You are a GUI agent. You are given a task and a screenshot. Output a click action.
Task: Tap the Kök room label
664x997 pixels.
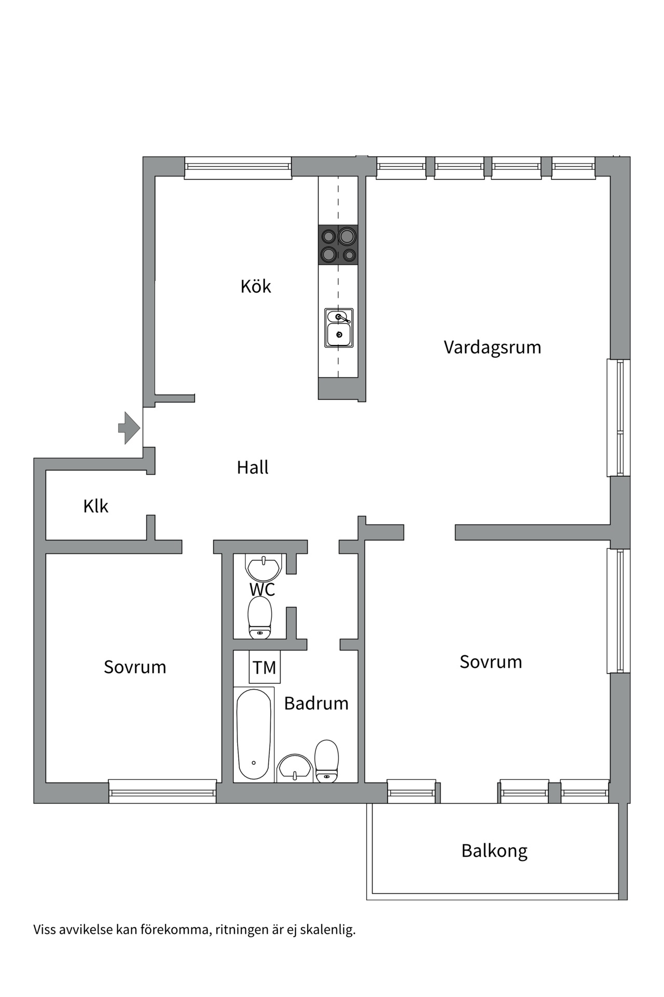click(x=255, y=287)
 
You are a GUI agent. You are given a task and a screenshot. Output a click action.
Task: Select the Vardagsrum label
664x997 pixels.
click(x=492, y=347)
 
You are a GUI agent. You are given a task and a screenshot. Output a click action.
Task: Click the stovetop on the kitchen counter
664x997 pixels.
click(x=338, y=245)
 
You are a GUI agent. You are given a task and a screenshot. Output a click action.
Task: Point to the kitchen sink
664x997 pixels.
click(x=339, y=328)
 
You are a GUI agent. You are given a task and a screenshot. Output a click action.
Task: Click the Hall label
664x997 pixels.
click(x=253, y=467)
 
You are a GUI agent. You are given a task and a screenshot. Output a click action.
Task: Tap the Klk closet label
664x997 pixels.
click(x=95, y=506)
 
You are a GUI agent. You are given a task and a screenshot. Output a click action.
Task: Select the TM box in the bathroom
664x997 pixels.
click(x=265, y=667)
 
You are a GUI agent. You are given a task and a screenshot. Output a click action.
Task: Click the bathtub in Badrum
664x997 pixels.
click(x=254, y=734)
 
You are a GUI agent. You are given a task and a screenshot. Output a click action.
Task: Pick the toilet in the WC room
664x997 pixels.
click(x=260, y=617)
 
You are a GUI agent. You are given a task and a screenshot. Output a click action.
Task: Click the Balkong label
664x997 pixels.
click(x=494, y=851)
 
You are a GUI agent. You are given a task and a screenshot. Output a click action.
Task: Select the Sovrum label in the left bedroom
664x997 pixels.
click(x=135, y=667)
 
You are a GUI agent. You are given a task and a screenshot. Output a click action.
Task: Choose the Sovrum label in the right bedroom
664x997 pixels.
click(x=491, y=662)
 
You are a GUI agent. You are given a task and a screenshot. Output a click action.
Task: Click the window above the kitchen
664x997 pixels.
click(x=238, y=167)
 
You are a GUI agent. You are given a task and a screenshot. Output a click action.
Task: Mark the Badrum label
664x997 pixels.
click(x=316, y=703)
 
